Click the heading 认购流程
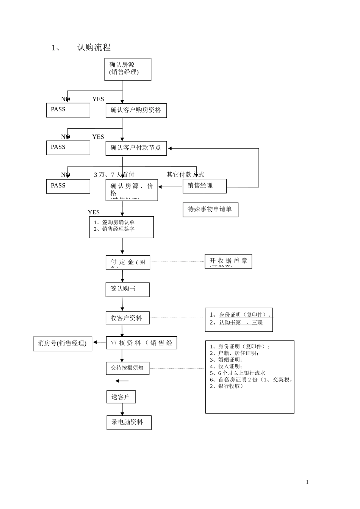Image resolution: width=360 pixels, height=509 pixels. (x=94, y=47)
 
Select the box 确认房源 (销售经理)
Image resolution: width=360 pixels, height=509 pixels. (x=128, y=69)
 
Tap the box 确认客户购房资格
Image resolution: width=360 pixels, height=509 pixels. (x=136, y=111)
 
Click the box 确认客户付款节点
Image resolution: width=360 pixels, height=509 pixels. (x=136, y=148)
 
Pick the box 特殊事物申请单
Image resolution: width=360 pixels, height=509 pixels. (x=210, y=209)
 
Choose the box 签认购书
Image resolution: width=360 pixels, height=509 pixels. (x=127, y=289)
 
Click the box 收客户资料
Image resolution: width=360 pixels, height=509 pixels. (x=127, y=318)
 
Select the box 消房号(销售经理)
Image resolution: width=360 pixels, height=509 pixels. (x=63, y=343)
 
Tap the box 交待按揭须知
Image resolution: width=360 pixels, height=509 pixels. (x=127, y=368)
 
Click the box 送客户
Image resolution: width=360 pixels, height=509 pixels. (x=121, y=397)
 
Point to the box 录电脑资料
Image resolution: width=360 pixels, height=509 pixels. (x=129, y=422)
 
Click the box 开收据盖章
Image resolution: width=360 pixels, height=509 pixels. (x=228, y=261)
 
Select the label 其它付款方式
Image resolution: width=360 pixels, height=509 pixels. (x=185, y=175)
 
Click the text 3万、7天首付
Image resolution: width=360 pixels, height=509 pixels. (x=114, y=175)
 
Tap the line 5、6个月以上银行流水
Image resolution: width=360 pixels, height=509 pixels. (x=238, y=373)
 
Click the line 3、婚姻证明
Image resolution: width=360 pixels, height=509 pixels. (x=226, y=360)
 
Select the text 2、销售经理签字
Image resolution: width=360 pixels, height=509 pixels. (x=114, y=229)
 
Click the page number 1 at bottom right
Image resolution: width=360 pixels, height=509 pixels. (x=307, y=482)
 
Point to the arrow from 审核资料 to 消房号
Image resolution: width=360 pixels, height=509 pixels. (x=99, y=342)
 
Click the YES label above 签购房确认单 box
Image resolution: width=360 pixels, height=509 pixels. (x=94, y=212)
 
